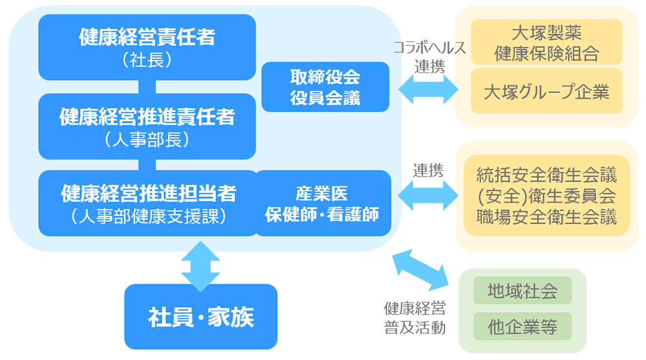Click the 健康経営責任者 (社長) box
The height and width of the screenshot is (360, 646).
click(147, 47)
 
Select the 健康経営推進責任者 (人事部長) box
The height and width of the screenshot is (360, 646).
click(147, 126)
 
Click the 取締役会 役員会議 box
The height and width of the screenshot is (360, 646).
click(325, 87)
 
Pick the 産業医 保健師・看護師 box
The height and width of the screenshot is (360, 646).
click(323, 203)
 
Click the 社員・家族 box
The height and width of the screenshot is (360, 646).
click(200, 317)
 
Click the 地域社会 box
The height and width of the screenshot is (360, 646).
click(523, 291)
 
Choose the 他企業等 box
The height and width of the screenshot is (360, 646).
click(523, 327)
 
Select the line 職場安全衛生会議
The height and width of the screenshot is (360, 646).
click(547, 216)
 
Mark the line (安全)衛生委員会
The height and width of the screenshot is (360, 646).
click(547, 195)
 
